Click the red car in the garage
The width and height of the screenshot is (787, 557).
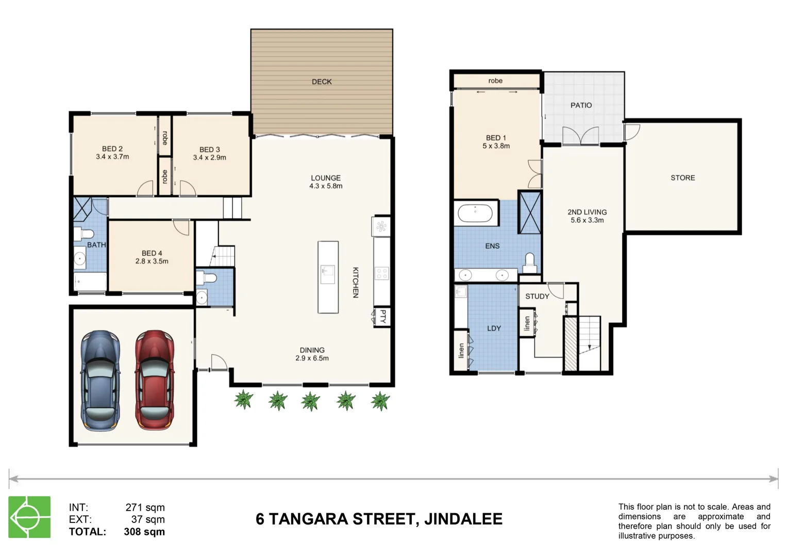(x=154, y=380)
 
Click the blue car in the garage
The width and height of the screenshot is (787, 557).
(x=101, y=380)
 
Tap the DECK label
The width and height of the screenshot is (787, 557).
(x=322, y=81)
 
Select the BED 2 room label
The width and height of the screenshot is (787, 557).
(x=112, y=149)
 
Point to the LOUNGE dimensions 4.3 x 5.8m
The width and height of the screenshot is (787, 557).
(x=326, y=186)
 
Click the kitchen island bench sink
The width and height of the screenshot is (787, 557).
(x=328, y=271)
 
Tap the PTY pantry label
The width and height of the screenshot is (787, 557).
(x=382, y=316)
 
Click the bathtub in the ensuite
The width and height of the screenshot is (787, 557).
(x=475, y=213)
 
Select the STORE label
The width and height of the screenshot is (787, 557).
(x=682, y=177)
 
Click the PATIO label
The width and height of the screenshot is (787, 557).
(x=581, y=105)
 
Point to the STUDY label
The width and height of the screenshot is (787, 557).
(x=537, y=296)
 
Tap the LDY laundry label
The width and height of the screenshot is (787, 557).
(x=494, y=328)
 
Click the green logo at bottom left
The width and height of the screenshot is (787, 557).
(x=29, y=517)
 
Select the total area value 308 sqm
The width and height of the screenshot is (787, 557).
(x=144, y=532)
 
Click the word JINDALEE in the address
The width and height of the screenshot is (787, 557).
(x=463, y=519)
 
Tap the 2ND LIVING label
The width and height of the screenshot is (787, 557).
(x=587, y=212)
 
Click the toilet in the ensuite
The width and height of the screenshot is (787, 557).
(x=530, y=263)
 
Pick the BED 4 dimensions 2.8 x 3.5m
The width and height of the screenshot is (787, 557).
(x=152, y=261)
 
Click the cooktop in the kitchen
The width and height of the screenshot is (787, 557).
(x=381, y=273)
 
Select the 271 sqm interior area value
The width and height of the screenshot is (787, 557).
(x=145, y=507)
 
